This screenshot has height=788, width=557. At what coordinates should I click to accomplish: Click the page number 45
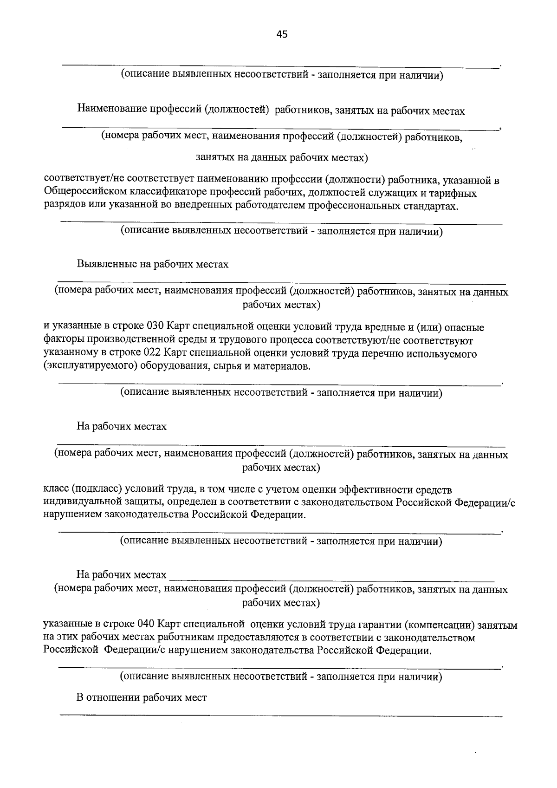(282, 34)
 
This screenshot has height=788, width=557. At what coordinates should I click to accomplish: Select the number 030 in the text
(155, 327)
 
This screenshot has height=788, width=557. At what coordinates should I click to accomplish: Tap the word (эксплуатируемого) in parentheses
(88, 366)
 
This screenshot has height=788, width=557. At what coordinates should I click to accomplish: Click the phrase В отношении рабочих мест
(142, 697)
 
